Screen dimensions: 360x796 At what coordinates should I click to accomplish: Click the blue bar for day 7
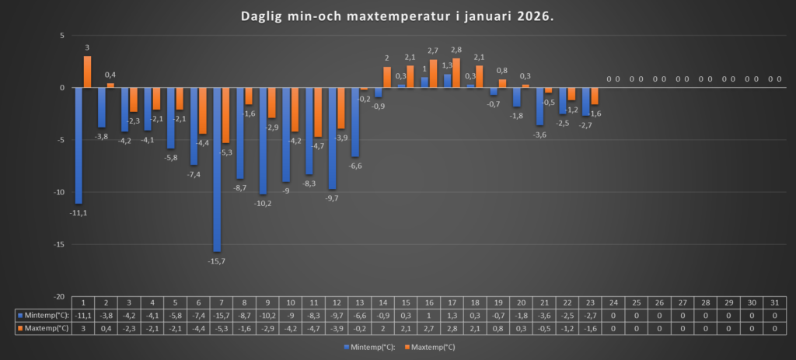click(x=216, y=170)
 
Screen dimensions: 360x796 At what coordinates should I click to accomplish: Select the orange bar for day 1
click(x=87, y=72)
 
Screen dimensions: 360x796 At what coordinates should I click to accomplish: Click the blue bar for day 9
click(x=263, y=141)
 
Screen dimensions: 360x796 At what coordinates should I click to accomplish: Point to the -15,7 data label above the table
click(x=217, y=260)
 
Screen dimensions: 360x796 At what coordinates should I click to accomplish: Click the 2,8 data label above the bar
click(x=456, y=50)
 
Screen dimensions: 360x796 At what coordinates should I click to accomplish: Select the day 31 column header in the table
click(x=774, y=302)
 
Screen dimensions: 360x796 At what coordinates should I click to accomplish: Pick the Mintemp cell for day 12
click(x=335, y=315)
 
